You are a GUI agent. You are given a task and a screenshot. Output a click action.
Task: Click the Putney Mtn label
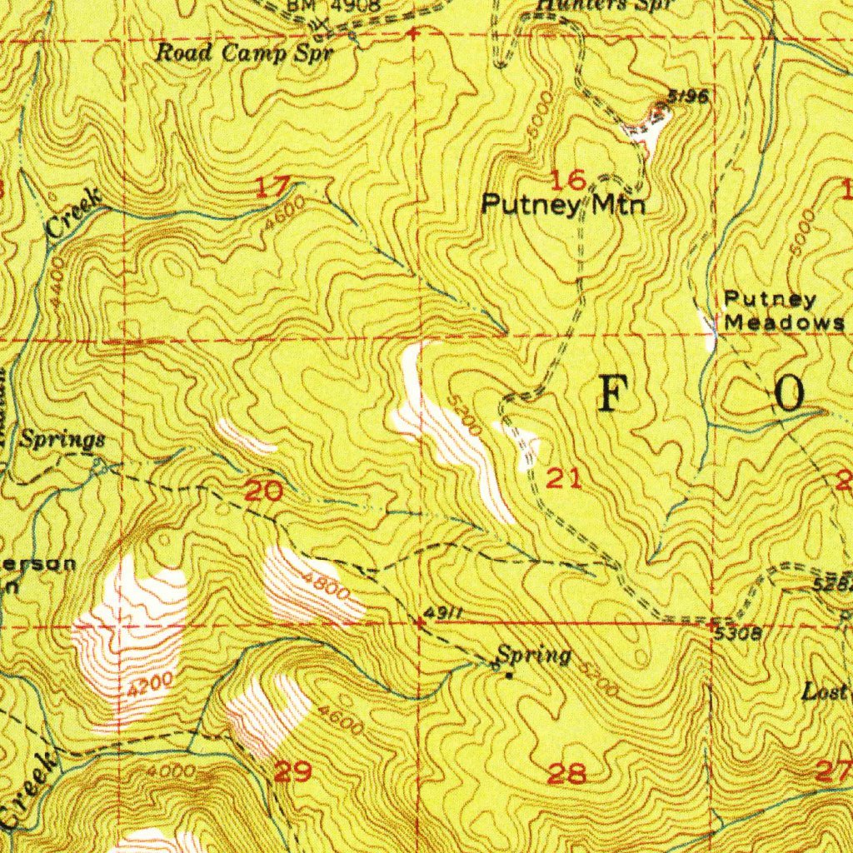[x=564, y=204]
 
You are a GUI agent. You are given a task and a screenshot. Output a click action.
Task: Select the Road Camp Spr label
[x=245, y=53]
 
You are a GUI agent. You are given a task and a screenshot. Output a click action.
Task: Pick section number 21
[x=563, y=478]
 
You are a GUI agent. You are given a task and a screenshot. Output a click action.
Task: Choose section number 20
[x=263, y=491]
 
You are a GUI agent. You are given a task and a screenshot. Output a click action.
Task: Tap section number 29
[x=292, y=772]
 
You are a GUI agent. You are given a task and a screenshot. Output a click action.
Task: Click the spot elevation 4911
[x=442, y=614]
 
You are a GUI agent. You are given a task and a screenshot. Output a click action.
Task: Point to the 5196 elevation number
[x=689, y=97]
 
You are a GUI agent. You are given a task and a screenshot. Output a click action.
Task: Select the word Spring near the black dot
[x=534, y=656]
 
